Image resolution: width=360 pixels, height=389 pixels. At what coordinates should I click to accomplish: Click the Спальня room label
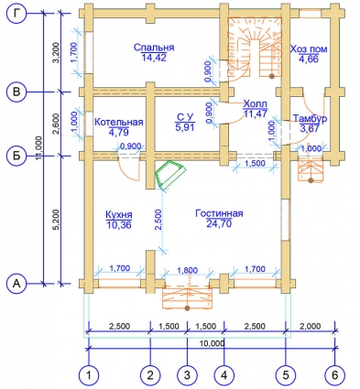coord(154,48)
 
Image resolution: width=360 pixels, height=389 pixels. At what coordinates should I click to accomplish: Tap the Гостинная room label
coord(219,213)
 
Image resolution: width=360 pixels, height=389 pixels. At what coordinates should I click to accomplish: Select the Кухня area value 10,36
coord(119,225)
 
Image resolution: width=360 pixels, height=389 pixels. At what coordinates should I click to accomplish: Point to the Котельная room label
coord(119,122)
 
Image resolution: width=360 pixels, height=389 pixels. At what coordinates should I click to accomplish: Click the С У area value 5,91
coord(185,126)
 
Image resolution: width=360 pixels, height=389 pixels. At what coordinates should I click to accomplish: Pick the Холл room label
coord(256,103)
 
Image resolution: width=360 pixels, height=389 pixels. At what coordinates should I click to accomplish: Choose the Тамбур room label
coord(310,118)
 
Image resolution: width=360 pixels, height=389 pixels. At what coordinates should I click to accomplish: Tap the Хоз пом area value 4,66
coord(309,59)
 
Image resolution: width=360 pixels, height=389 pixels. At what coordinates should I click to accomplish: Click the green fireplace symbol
coord(170,175)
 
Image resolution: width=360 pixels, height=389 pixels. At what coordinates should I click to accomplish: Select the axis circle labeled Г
coord(17,14)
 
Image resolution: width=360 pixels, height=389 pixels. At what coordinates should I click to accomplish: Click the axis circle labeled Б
coord(17,156)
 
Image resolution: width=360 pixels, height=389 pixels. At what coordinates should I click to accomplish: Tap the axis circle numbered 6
coord(335,375)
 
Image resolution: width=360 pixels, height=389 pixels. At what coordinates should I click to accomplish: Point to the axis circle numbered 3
coord(187,375)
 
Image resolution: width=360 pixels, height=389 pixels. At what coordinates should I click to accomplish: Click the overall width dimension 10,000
coord(213,343)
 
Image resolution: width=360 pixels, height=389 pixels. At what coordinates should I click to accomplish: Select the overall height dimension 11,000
coord(40,149)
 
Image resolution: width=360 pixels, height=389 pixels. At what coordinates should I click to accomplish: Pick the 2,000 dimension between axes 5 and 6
coord(311,326)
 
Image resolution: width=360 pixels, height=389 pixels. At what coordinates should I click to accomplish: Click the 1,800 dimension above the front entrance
coord(188,270)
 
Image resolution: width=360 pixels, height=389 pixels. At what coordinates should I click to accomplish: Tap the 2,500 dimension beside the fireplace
coord(158,220)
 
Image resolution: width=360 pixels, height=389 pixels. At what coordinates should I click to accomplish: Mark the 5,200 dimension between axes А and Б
coord(57,221)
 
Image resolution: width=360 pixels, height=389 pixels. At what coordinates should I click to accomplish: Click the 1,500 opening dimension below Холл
coord(255,164)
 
